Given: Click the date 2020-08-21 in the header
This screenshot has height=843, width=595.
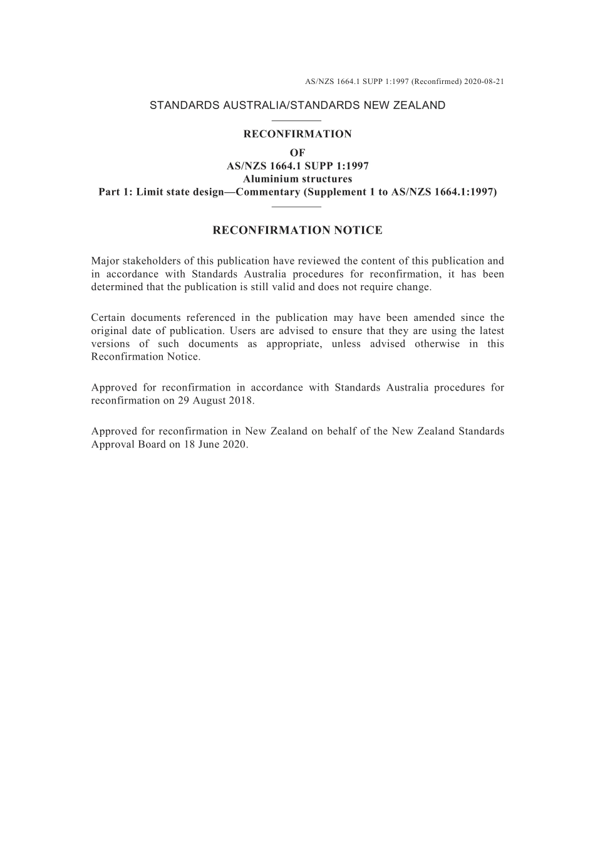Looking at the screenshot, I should click(x=484, y=81).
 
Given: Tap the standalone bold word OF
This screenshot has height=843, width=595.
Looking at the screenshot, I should click(x=297, y=153).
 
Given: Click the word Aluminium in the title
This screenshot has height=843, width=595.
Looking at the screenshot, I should click(x=269, y=179).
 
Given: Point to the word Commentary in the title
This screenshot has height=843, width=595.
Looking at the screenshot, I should click(x=267, y=192).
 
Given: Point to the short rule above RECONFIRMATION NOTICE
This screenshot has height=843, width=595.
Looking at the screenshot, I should click(x=297, y=206).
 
